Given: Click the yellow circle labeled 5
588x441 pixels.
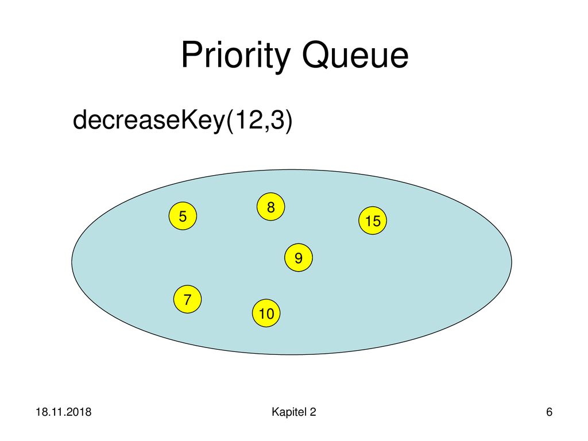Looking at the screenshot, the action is (183, 216).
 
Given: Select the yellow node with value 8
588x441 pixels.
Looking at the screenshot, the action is (271, 207).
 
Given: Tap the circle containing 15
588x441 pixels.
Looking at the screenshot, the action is (373, 220).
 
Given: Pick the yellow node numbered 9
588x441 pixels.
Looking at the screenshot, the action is (299, 258).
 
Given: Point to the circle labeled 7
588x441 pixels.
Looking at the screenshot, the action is (188, 299).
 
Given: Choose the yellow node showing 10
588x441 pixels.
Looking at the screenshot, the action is (266, 313).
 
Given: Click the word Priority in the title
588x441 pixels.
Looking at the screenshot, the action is (236, 56).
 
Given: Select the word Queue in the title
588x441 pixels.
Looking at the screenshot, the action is (355, 55).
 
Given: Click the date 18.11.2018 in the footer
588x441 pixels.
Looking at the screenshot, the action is (63, 412).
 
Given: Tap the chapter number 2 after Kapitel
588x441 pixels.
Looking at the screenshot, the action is (313, 412).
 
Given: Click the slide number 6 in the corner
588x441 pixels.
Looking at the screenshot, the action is (549, 412).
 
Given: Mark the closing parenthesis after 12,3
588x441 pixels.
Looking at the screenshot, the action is (288, 121).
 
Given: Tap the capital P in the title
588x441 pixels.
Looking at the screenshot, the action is (192, 54).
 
